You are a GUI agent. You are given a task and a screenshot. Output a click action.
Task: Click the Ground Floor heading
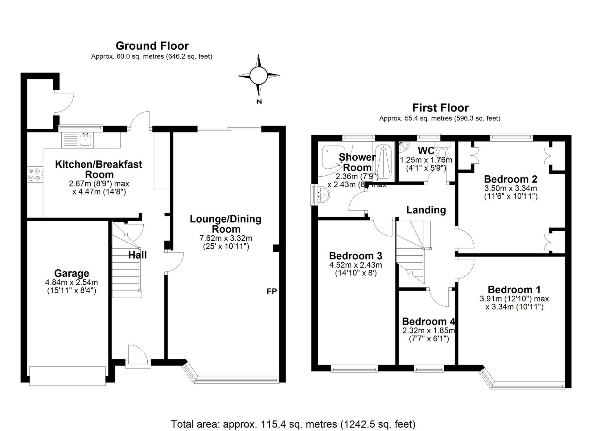[152, 46]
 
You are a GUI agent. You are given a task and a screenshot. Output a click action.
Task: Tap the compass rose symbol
[258, 76]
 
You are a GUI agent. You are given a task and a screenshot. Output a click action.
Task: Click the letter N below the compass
[259, 102]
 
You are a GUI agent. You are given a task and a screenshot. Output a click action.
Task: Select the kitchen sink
[85, 140]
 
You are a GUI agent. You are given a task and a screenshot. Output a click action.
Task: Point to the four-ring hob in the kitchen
[35, 174]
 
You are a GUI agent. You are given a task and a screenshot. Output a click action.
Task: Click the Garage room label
[72, 273]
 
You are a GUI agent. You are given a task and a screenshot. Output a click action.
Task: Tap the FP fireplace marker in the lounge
[272, 291]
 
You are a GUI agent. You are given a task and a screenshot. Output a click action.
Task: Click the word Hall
[138, 255]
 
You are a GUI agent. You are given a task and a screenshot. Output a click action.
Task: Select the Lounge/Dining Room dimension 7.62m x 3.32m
[226, 238]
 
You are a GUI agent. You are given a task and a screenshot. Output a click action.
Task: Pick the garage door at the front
[68, 375]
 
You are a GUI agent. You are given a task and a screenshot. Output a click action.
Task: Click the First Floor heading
[440, 108]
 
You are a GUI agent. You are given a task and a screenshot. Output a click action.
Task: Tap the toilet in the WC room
[443, 153]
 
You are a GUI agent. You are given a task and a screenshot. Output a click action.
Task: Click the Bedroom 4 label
[428, 322]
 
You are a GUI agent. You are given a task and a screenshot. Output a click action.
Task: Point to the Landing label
[426, 210]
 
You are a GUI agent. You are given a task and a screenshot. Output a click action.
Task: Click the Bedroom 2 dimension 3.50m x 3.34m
[511, 188]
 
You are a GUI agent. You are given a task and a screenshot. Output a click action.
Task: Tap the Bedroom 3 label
[356, 256]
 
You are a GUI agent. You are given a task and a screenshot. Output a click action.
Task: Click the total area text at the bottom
[293, 424]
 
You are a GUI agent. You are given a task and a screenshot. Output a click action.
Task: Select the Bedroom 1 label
[514, 290]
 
